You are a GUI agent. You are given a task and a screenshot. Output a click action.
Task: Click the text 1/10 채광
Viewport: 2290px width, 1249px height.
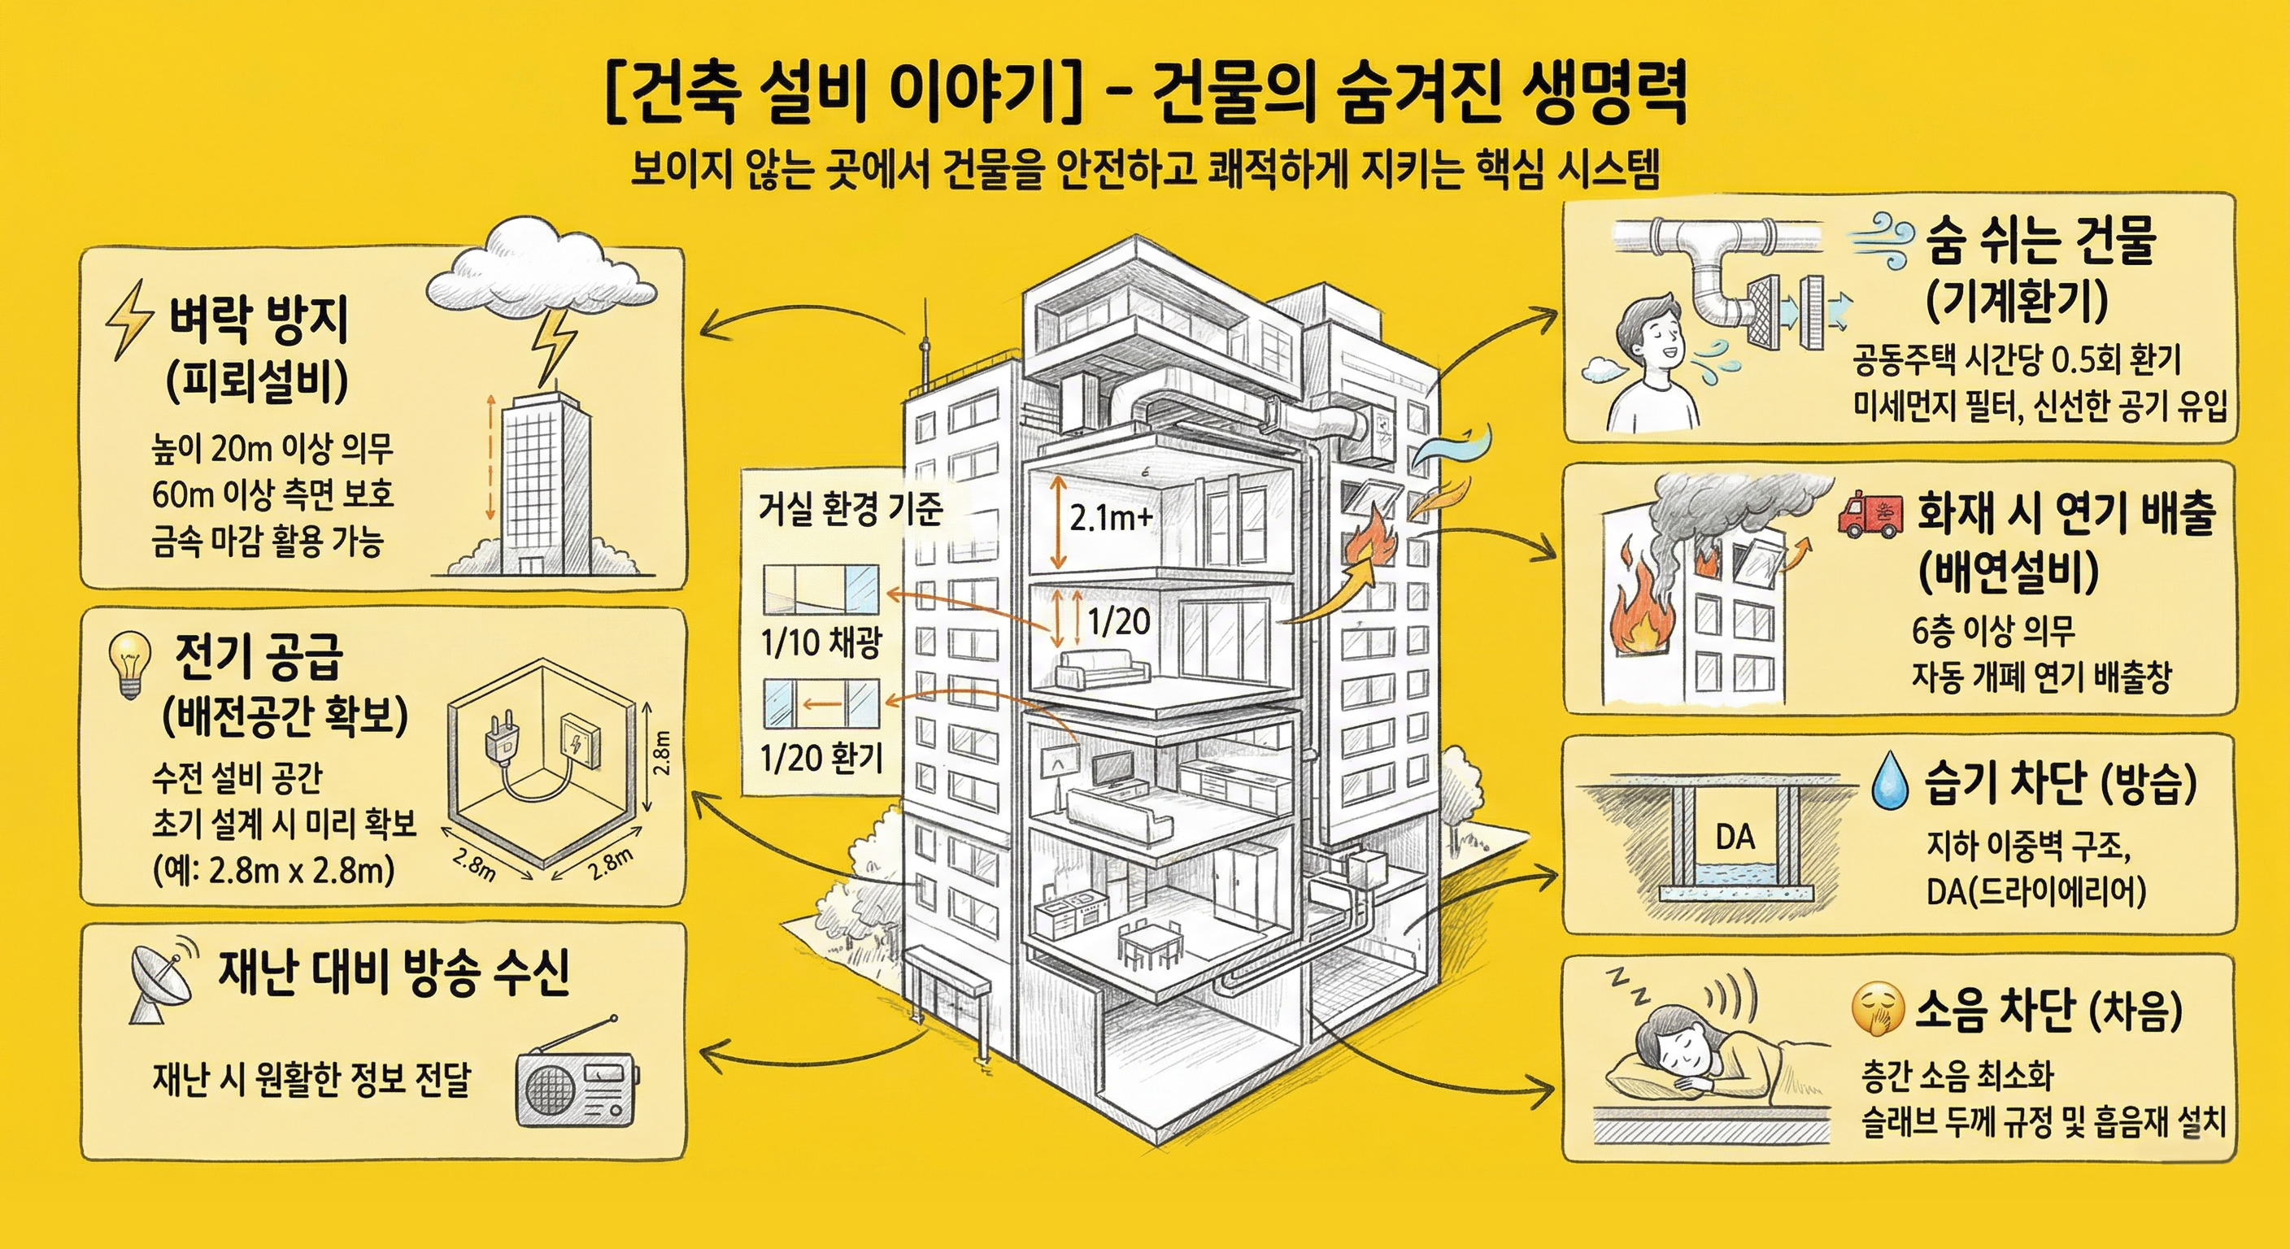pos(820,642)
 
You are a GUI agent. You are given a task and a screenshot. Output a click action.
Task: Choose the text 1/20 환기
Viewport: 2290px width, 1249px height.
pos(821,759)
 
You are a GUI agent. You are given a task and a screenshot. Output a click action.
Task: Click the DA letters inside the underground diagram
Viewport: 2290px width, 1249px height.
pos(1735,838)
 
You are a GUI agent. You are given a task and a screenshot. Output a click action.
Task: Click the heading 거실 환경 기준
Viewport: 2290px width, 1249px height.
pos(850,509)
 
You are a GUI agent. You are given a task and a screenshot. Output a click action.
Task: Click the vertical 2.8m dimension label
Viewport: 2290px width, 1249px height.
pos(662,751)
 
